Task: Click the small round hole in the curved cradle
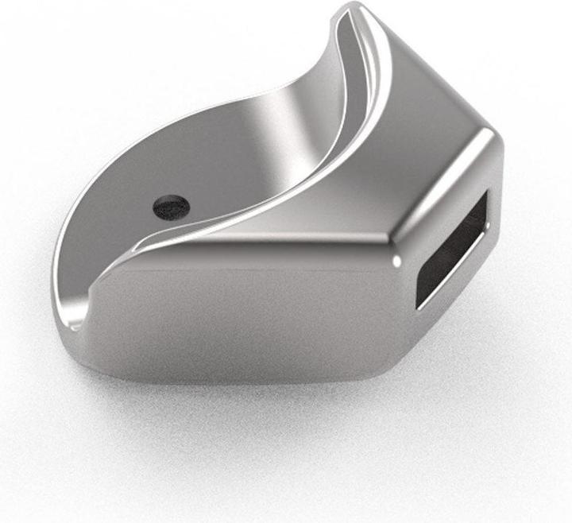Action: pos(171,207)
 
